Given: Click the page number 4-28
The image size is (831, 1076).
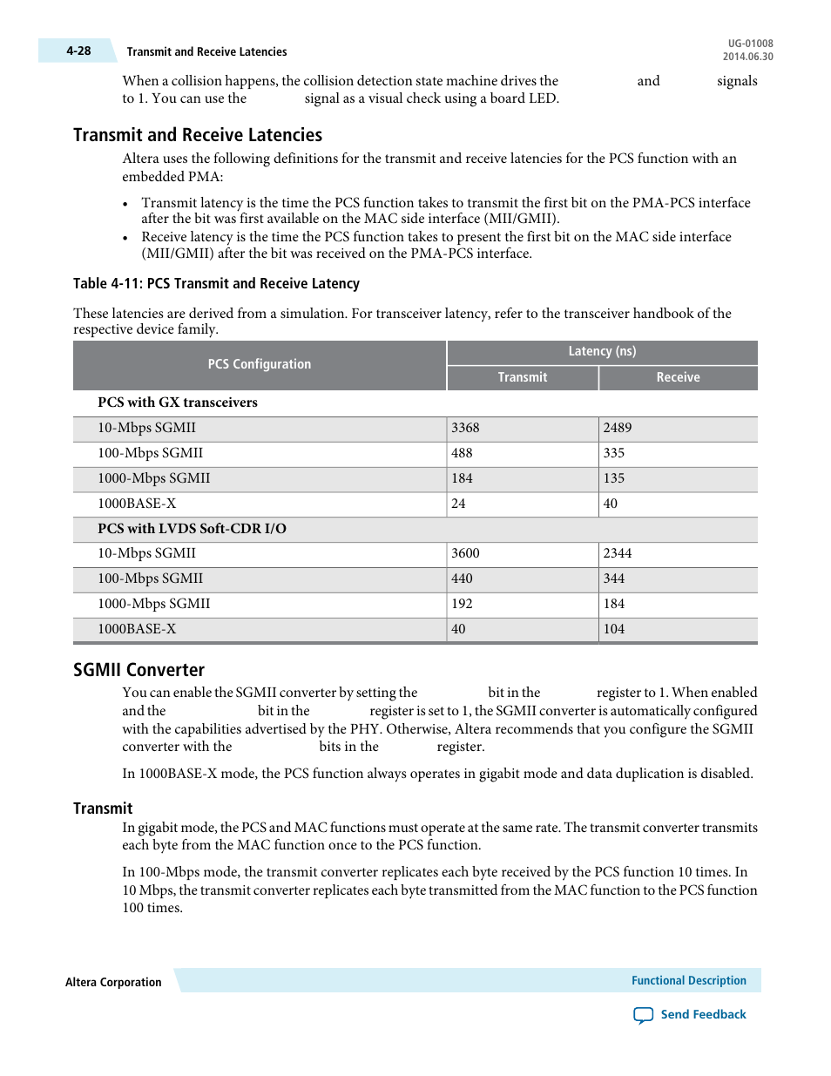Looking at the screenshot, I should tap(78, 51).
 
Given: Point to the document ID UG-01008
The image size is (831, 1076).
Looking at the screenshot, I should tap(750, 44).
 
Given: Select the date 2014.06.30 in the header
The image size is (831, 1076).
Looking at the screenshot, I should tap(747, 57).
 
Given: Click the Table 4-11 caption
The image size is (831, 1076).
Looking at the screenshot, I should tap(216, 284).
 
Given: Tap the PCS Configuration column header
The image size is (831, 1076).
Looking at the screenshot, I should tap(259, 364).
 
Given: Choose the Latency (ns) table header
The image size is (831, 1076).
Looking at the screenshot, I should tap(602, 351).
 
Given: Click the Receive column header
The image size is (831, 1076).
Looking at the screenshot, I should tap(678, 377).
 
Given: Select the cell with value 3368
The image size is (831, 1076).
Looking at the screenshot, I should tap(465, 428).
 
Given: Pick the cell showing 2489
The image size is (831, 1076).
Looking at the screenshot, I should tap(618, 428).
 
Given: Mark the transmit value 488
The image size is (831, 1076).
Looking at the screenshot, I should tap(462, 453).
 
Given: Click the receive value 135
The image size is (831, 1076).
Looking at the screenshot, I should tap(614, 478).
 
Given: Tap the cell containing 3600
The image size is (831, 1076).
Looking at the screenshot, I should tap(465, 553).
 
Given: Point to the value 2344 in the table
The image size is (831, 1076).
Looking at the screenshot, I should tap(618, 553).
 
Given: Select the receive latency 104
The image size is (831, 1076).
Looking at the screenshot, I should tap(614, 629).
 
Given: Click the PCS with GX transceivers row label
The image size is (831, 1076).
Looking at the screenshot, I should tap(178, 403).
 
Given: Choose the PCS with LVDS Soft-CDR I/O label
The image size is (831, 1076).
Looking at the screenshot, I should tap(192, 529).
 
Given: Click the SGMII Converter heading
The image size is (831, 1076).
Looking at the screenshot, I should tap(138, 670).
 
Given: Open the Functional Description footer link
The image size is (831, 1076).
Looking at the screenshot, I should tap(688, 981).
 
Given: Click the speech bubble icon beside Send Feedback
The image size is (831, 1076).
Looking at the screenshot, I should tap(643, 1015).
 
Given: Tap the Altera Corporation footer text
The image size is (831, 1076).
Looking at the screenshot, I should tap(113, 983).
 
